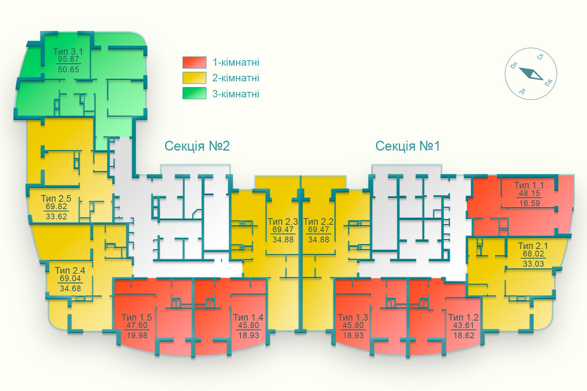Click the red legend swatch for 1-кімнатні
pyautogui.click(x=194, y=62)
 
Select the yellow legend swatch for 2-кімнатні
pyautogui.click(x=194, y=78)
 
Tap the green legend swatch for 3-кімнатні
pyautogui.click(x=194, y=93)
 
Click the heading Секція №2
pyautogui.click(x=197, y=146)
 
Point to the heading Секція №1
pyautogui.click(x=407, y=146)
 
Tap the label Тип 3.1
pyautogui.click(x=68, y=51)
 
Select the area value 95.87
pyautogui.click(x=68, y=59)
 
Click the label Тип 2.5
pyautogui.click(x=56, y=199)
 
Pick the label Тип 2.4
pyautogui.click(x=70, y=270)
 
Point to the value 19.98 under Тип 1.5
pyautogui.click(x=137, y=335)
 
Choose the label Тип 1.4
pyautogui.click(x=248, y=317)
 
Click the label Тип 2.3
pyautogui.click(x=283, y=222)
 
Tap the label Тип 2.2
pyautogui.click(x=319, y=222)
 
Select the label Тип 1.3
pyautogui.click(x=353, y=317)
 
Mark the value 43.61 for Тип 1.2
pyautogui.click(x=464, y=325)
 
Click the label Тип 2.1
pyautogui.click(x=533, y=246)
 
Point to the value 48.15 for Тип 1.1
pyautogui.click(x=529, y=193)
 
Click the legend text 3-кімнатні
pyautogui.click(x=236, y=94)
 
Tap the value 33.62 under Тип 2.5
pyautogui.click(x=56, y=217)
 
